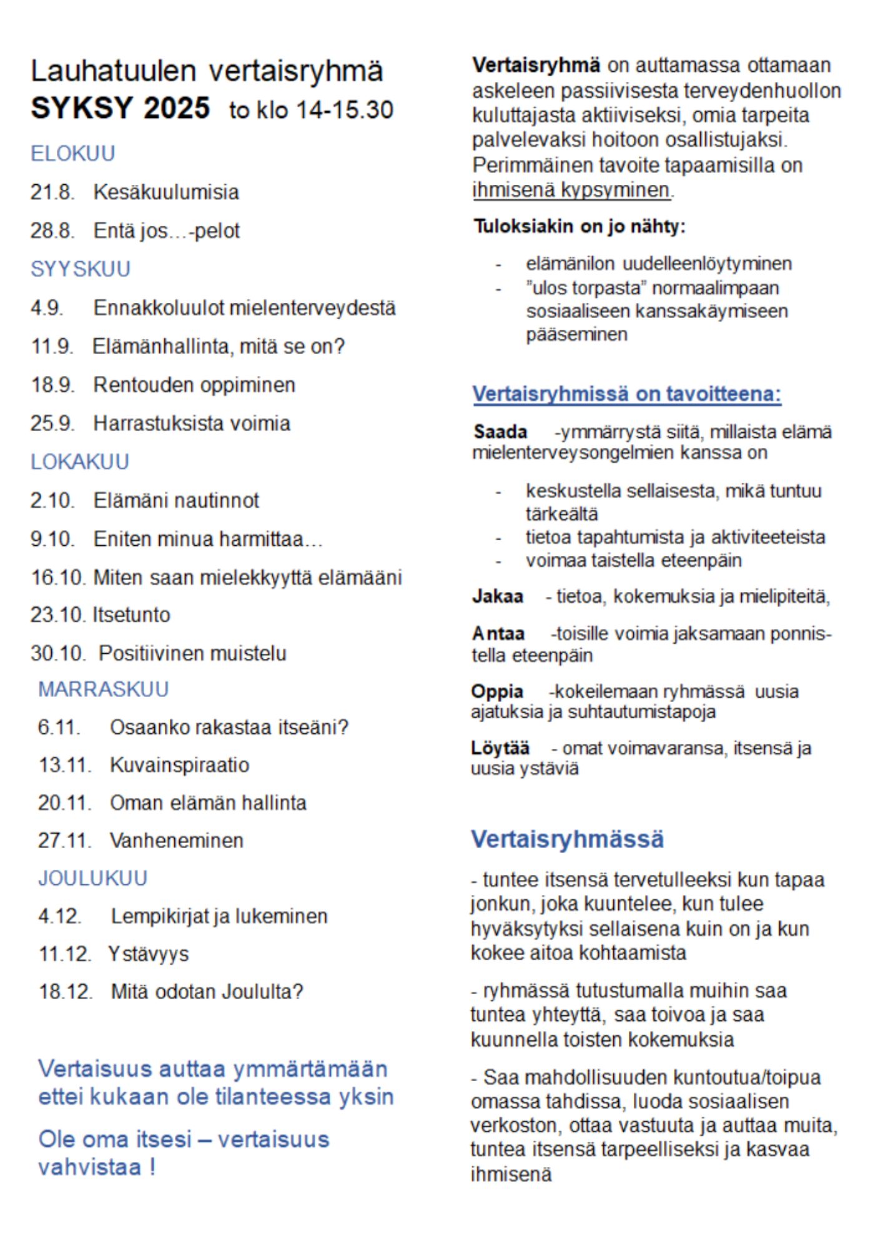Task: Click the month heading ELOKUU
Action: pos(73,154)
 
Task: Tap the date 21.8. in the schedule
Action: pos(52,192)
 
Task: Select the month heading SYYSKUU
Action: pos(81,269)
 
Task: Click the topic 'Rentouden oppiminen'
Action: pos(194,385)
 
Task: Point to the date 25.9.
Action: pos(52,423)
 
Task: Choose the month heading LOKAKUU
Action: pos(80,462)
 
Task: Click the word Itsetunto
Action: pos(132,615)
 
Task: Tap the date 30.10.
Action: pos(58,654)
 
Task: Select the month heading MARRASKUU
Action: pos(104,689)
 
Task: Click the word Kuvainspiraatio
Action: pos(180,765)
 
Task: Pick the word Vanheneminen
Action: pos(177,841)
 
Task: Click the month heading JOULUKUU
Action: pos(93,879)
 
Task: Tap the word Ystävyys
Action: pos(149,954)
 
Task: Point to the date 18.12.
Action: pos(66,992)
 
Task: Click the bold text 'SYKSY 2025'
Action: pos(121,108)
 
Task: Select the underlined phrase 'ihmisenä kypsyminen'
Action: pos(571,189)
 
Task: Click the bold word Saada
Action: pos(500,432)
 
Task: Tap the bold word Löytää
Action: pos(500,748)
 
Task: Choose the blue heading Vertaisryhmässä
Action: pos(567,839)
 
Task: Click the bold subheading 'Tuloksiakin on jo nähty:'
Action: pos(579,226)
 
